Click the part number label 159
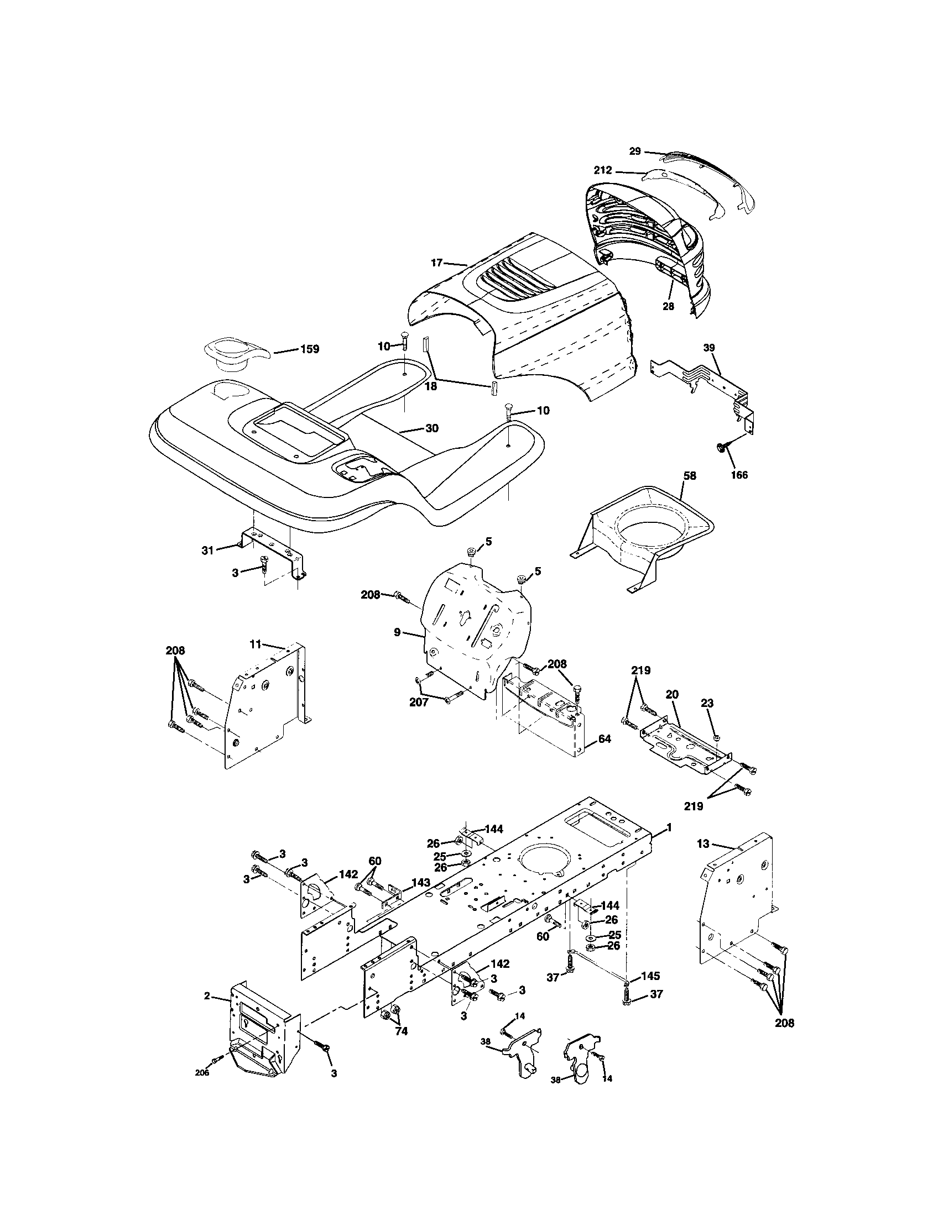click(x=310, y=349)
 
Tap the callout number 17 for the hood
click(x=436, y=261)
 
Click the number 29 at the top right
click(x=635, y=151)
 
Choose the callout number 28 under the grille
click(x=669, y=306)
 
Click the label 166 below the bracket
click(x=739, y=475)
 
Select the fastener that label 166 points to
click(x=720, y=447)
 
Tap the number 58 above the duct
click(x=690, y=476)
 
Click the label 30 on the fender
click(x=432, y=428)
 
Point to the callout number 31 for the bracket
click(x=208, y=550)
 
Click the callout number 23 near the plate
click(x=707, y=703)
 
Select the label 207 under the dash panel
click(x=419, y=703)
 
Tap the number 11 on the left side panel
click(x=255, y=644)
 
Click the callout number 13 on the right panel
click(x=703, y=843)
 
